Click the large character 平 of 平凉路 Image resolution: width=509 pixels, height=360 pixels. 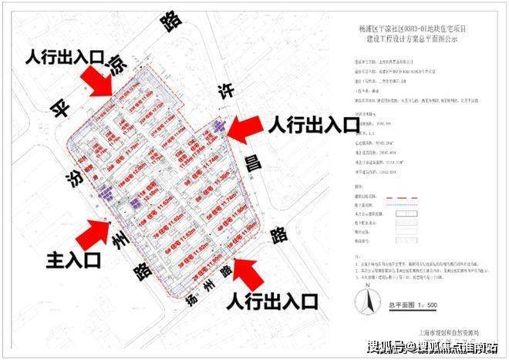[55, 106]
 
